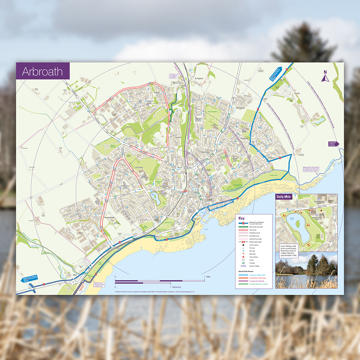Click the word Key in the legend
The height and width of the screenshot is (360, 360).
tap(242, 218)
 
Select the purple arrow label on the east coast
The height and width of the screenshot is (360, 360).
tap(332, 143)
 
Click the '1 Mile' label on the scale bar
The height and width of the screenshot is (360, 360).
tap(208, 277)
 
